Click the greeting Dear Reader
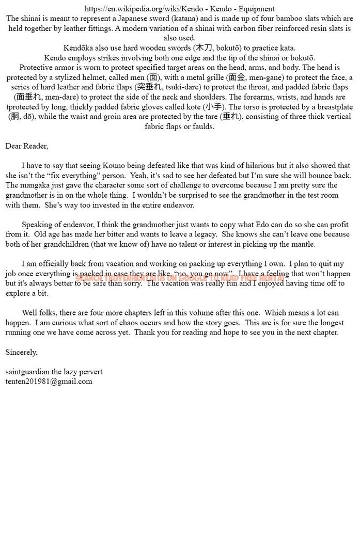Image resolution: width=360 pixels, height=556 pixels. coord(27,146)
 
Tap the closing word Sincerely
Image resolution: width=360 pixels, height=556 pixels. coord(22,352)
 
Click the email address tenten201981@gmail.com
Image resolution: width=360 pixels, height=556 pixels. coord(49,382)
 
